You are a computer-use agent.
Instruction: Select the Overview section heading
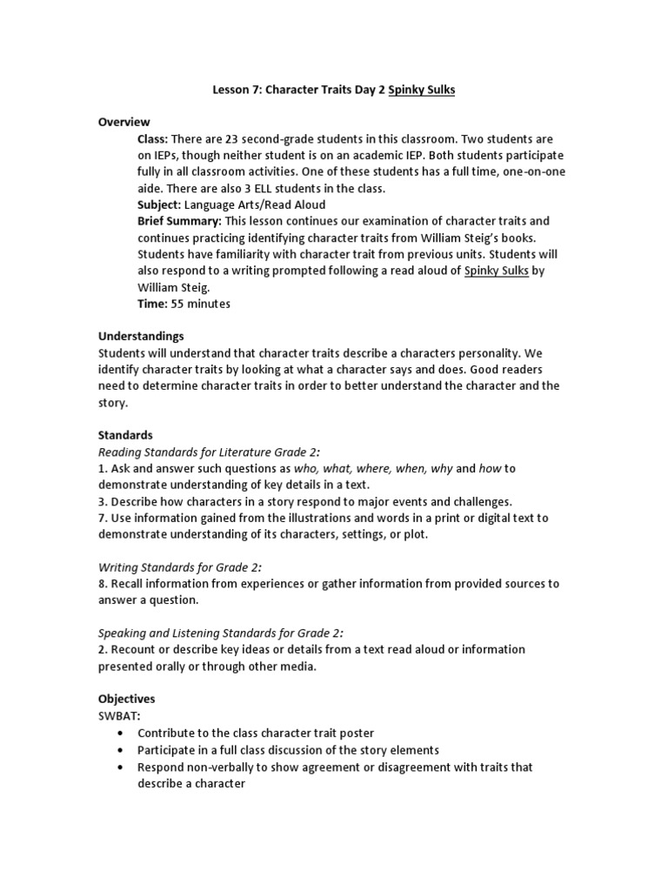click(x=124, y=122)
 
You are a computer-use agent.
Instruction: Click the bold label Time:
click(x=152, y=304)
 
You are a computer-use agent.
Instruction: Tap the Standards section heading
click(x=125, y=435)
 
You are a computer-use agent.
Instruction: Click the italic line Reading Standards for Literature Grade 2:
click(x=209, y=452)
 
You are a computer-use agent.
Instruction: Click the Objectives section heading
click(x=127, y=699)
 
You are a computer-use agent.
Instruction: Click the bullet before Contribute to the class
click(x=120, y=734)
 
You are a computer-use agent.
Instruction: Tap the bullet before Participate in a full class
click(x=120, y=750)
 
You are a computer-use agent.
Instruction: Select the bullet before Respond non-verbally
click(x=120, y=767)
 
